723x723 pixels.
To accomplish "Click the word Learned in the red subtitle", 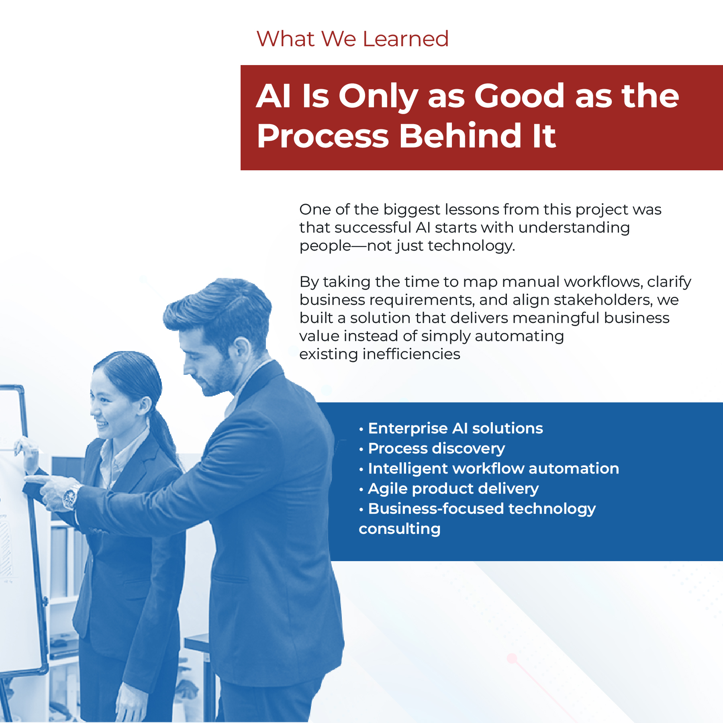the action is (406, 39).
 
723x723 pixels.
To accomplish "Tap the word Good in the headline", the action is (520, 96).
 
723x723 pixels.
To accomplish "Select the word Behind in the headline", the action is (460, 136).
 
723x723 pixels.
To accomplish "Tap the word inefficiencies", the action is (411, 354).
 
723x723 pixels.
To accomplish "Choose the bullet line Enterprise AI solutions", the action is (451, 429).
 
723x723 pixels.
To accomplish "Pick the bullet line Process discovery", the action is (432, 449).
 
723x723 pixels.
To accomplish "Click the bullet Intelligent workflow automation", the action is (489, 469).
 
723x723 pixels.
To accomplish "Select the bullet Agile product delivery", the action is (449, 489).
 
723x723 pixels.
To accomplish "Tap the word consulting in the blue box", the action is (400, 529).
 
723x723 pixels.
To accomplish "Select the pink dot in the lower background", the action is (512, 658).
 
